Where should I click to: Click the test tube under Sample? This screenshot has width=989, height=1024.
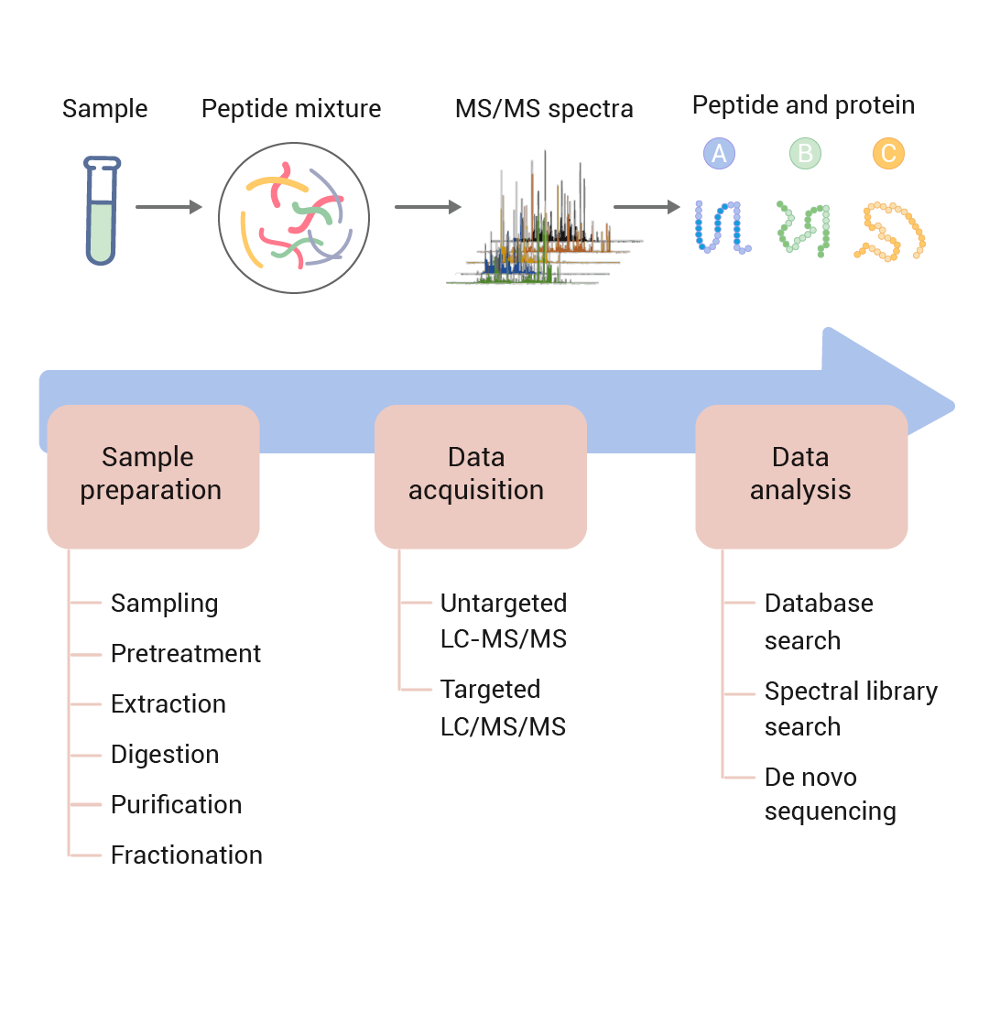101,211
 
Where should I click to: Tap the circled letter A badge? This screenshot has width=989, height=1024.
719,153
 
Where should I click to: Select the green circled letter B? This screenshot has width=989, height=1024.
805,153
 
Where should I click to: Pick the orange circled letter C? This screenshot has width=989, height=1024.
887,153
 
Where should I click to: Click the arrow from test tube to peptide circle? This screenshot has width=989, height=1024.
168,208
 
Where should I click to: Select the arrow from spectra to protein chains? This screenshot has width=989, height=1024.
647,207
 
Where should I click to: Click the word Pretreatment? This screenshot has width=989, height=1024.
186,654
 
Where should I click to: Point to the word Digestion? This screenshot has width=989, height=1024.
165,755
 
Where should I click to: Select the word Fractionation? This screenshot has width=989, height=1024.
187,855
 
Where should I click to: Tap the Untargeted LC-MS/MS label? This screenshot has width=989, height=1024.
504,620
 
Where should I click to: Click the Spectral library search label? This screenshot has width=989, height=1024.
850,708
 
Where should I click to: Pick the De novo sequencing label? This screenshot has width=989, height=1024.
829,794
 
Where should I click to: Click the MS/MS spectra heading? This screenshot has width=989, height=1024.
544,110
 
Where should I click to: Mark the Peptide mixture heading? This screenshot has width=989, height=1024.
291,110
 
